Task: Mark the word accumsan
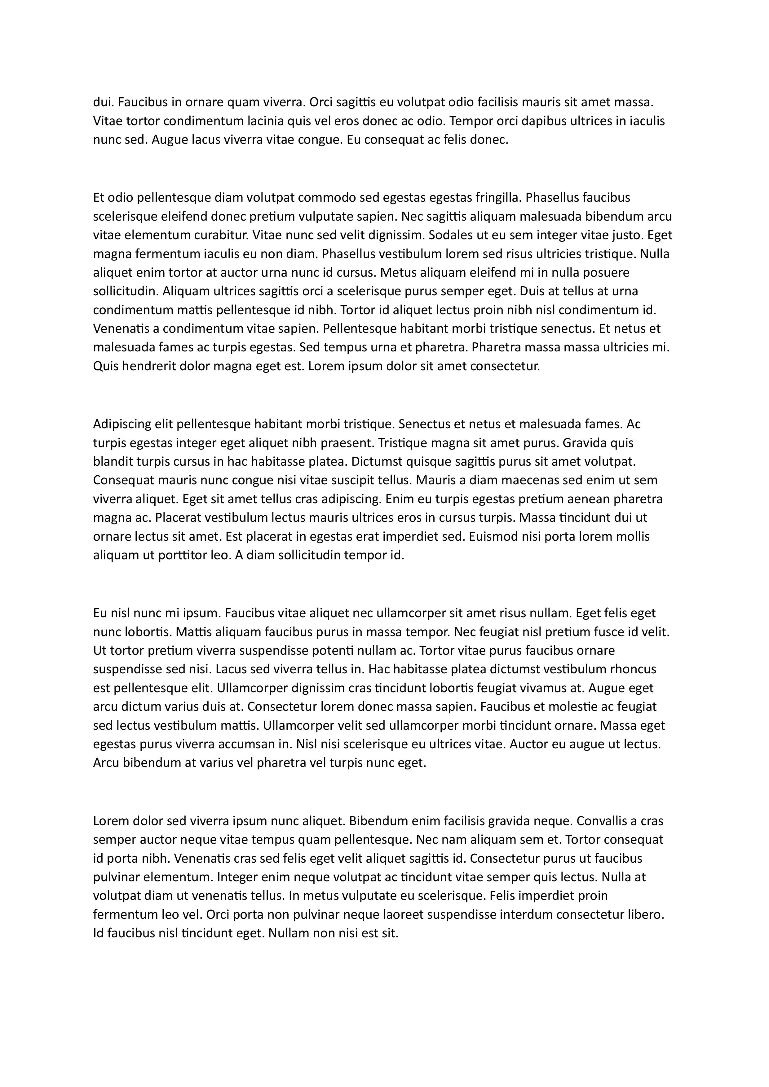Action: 244,744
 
